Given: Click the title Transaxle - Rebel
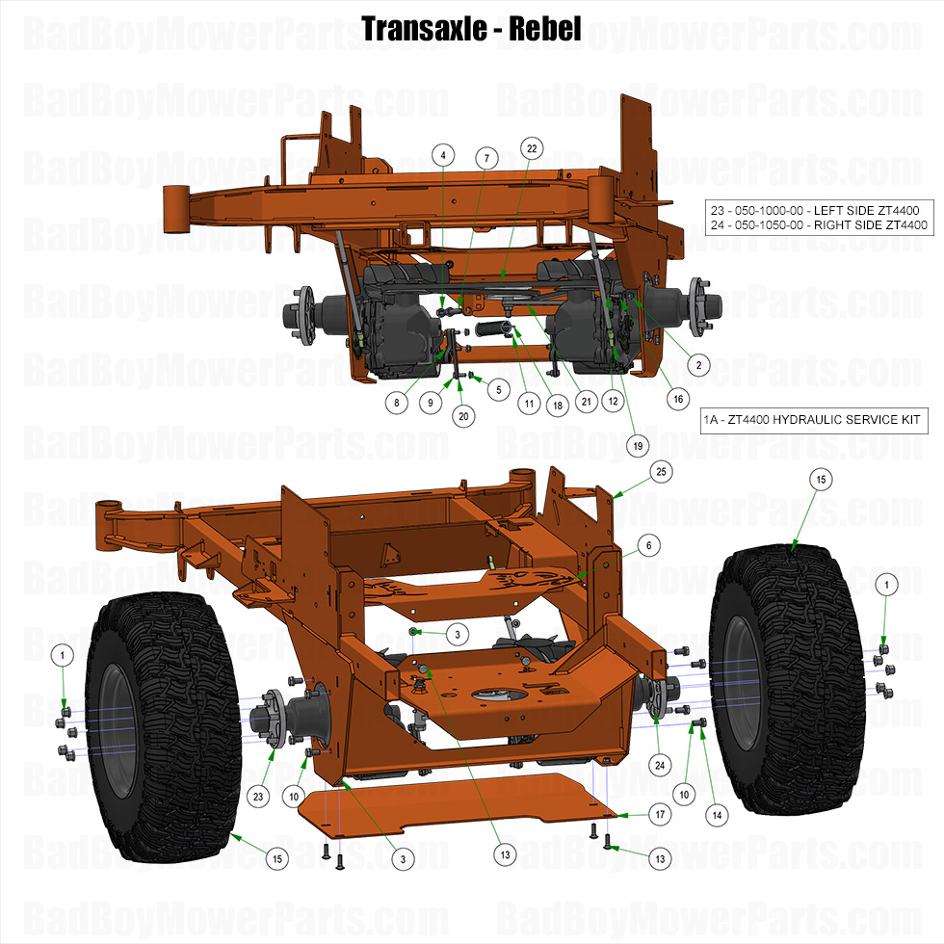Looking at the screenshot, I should point(471,28).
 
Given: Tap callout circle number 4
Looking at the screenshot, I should point(442,155).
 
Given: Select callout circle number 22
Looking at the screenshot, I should point(531,147).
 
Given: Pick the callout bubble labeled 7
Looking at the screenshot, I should point(486,157).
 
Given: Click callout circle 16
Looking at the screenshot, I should point(677,398).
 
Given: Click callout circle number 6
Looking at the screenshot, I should point(649,545).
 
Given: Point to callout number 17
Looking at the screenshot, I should point(660,815).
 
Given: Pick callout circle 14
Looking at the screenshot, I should point(715,814).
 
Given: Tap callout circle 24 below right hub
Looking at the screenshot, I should point(660,766).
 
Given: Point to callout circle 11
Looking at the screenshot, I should point(527,405).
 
